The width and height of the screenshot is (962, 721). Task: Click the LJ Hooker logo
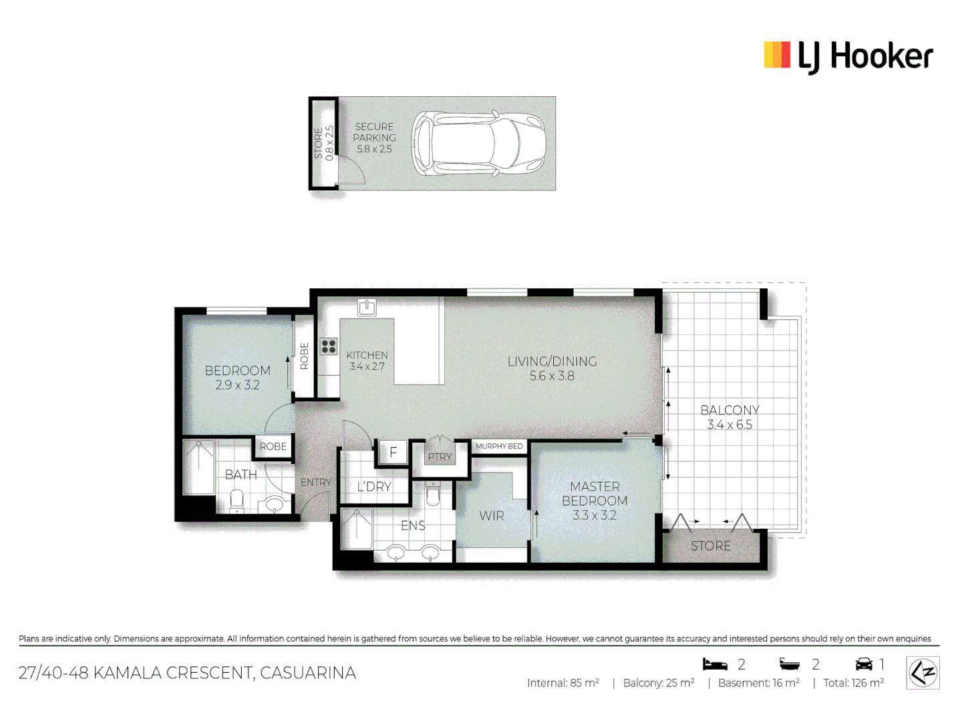(848, 56)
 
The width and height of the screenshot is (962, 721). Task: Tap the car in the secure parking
(478, 144)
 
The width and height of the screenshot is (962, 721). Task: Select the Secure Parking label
(374, 132)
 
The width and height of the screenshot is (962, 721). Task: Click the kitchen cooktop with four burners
(329, 346)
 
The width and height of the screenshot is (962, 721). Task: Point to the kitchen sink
(367, 307)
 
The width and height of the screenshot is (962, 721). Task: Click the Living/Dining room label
(552, 361)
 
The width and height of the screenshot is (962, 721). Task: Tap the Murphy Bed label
(499, 446)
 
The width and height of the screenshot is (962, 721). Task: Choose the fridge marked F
(393, 452)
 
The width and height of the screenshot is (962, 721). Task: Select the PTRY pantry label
(440, 457)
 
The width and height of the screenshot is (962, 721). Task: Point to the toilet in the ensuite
(433, 495)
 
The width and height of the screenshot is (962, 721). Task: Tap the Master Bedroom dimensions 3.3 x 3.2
(594, 515)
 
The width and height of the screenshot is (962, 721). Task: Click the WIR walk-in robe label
(492, 515)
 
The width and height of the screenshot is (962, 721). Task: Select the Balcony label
(730, 410)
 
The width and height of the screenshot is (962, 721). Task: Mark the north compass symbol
(923, 672)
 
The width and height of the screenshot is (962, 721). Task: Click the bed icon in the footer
(715, 664)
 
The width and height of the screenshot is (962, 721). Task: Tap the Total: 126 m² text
(853, 683)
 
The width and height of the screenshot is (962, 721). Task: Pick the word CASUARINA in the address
(308, 673)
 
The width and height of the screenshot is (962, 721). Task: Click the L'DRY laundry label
(374, 487)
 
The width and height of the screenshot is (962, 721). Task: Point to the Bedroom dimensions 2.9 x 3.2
(237, 385)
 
